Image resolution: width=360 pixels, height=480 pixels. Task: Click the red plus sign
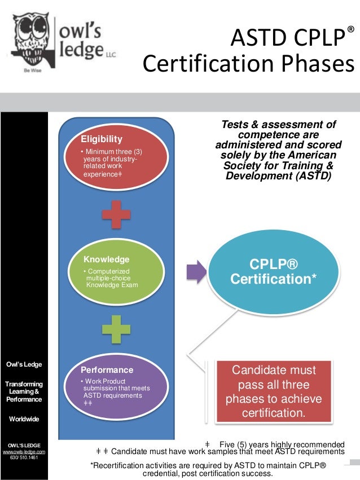(x=117, y=215)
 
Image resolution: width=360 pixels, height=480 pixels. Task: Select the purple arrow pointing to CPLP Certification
(x=195, y=270)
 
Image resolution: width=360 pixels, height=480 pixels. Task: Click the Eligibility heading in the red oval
(x=102, y=139)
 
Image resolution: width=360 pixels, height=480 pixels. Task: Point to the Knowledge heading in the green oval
(x=107, y=259)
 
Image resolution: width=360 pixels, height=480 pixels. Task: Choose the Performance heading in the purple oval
(x=107, y=370)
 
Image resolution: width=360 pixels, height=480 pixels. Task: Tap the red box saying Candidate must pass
(x=275, y=392)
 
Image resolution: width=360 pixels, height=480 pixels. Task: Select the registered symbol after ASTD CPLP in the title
(x=351, y=29)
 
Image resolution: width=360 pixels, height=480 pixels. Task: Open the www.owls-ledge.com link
(x=24, y=451)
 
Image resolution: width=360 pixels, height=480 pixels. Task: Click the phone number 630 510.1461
(x=24, y=458)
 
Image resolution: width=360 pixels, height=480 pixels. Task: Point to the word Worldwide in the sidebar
(x=24, y=420)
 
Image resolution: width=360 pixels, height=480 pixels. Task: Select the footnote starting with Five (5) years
(x=280, y=444)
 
